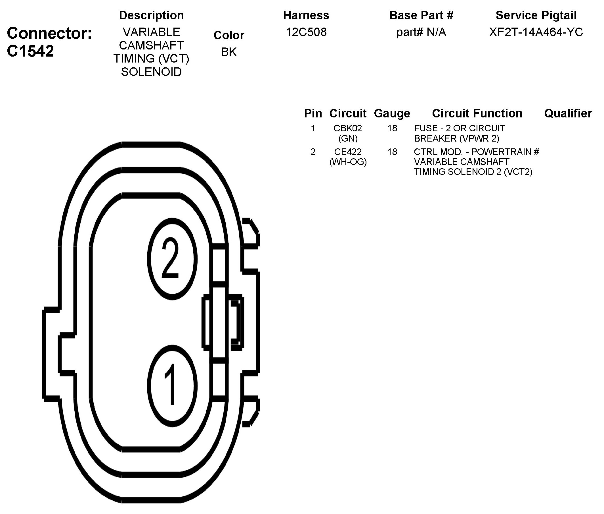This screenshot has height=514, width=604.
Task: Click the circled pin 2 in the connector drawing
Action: point(172,258)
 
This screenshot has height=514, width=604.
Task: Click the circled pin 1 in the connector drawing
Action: point(172,386)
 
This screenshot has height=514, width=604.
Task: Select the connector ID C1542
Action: point(30,51)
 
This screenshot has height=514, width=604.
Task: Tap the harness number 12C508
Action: point(306,32)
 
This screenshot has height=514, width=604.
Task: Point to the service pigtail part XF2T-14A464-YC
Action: point(536,32)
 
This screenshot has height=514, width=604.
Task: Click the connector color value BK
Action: point(229,52)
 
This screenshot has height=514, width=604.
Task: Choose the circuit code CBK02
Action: point(348,128)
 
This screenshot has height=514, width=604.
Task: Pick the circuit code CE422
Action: point(348,152)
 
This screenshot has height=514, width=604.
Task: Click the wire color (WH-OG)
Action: point(348,162)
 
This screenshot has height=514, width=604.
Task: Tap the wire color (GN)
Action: point(348,138)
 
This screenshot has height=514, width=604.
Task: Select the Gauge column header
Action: point(392,113)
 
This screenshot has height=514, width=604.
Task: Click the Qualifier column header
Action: point(568,113)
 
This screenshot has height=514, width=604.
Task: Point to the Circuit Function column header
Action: point(477,113)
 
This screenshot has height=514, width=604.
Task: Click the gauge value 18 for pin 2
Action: point(392,152)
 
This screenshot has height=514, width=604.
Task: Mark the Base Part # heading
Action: point(421,15)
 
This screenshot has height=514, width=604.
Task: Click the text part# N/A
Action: point(421,32)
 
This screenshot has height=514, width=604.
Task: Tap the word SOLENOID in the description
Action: point(151,72)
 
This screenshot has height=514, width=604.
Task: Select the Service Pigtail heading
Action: point(536,15)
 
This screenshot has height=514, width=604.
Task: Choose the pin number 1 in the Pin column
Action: point(313,128)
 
